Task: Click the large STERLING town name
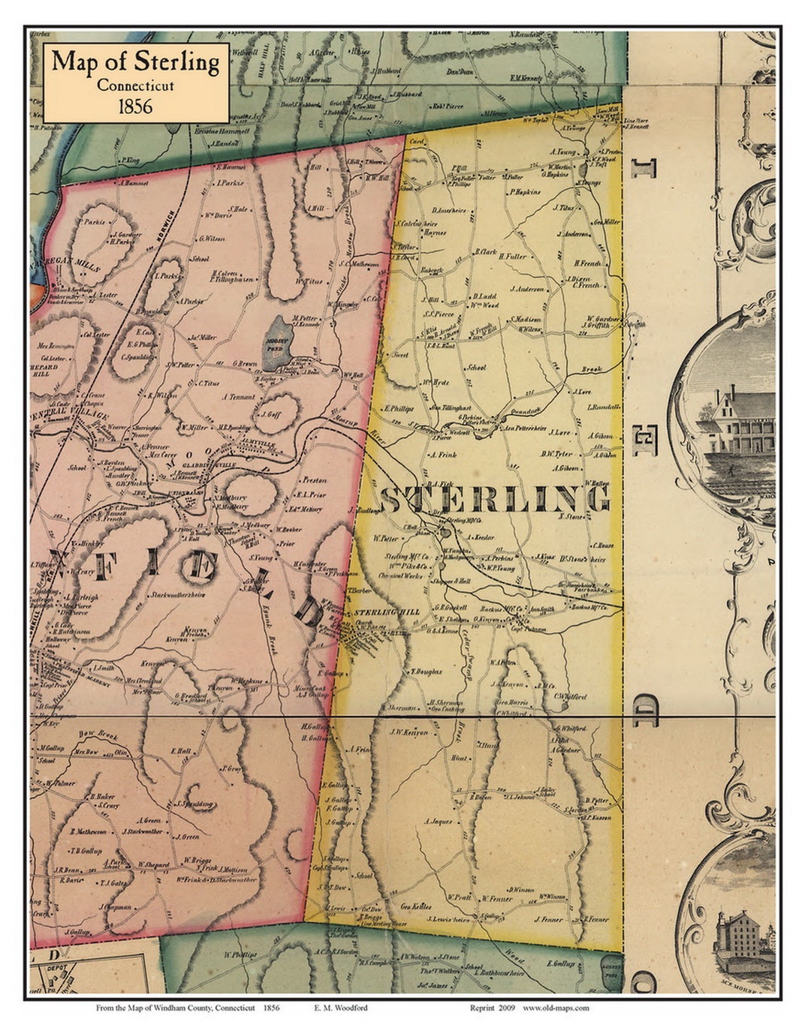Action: (x=495, y=500)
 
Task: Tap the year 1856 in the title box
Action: (x=135, y=106)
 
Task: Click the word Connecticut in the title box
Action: (x=135, y=85)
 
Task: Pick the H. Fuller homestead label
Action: (x=511, y=257)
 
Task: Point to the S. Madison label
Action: (x=525, y=319)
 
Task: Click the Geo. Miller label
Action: (x=606, y=222)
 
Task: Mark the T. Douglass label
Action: (x=426, y=672)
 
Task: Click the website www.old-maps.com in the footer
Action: (x=555, y=1008)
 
